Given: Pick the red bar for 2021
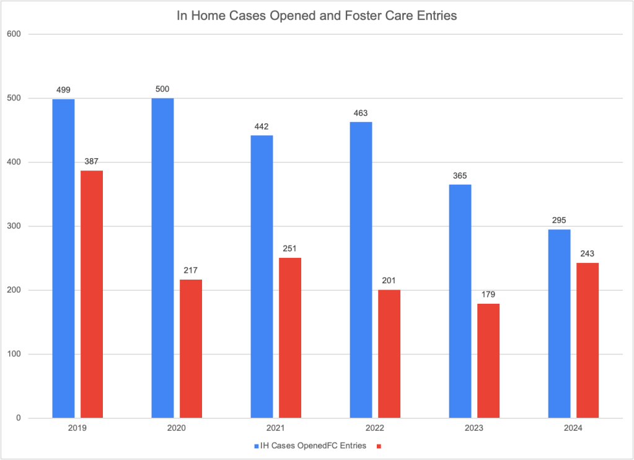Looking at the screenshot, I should point(290,338).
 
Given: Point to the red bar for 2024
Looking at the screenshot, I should point(588,340).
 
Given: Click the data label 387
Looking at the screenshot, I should point(92,162).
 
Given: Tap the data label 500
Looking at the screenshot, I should point(162,89).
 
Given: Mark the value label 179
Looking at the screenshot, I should point(488,294).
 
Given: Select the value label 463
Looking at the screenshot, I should point(361,113).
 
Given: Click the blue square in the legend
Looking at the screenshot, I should point(257,445).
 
